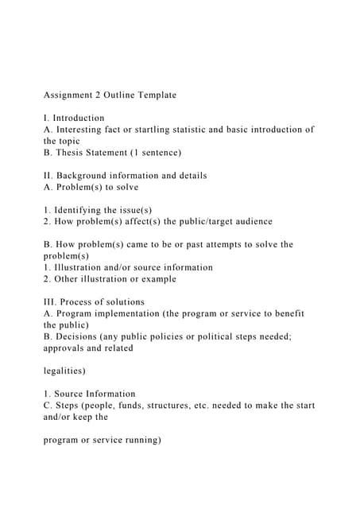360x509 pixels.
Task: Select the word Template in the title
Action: click(154, 95)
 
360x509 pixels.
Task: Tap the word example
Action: click(156, 279)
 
